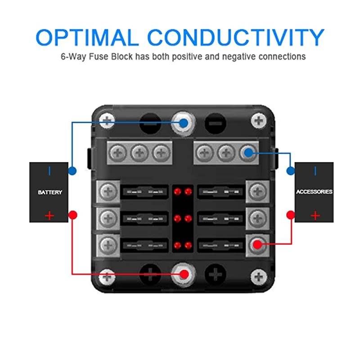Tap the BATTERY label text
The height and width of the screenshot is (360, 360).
[x=50, y=192]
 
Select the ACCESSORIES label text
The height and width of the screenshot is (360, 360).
[x=314, y=192]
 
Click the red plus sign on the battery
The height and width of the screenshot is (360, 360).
[x=49, y=216]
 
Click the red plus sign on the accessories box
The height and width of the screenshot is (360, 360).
[x=315, y=216]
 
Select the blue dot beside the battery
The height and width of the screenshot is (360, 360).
[x=72, y=171]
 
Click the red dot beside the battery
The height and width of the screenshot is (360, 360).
[x=72, y=215]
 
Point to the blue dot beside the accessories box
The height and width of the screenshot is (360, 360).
[x=291, y=171]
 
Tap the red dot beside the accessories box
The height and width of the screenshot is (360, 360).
[x=291, y=215]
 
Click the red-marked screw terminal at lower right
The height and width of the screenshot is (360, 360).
[x=257, y=244]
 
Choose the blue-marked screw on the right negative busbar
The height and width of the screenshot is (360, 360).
[x=247, y=153]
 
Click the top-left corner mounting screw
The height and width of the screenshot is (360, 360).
[x=107, y=120]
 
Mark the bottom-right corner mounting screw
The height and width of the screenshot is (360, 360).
[x=258, y=276]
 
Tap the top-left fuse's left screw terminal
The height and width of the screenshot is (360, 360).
[x=108, y=192]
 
